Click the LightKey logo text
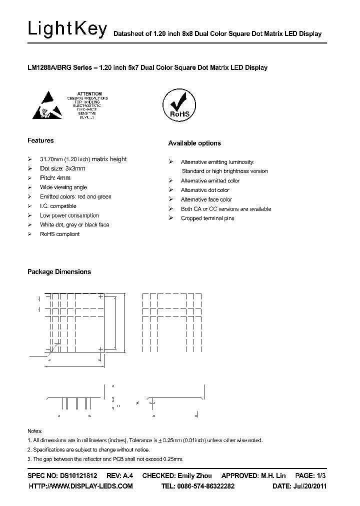[x=67, y=29]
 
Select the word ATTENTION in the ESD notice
[x=90, y=93]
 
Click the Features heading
[x=40, y=141]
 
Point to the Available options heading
[x=194, y=143]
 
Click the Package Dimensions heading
[x=59, y=272]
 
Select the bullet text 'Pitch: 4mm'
[x=55, y=178]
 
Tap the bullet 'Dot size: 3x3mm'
[x=62, y=168]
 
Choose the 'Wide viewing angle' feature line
[x=63, y=187]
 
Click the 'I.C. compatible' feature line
[x=58, y=206]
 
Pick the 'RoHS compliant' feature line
[x=59, y=234]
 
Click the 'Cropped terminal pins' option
[x=207, y=218]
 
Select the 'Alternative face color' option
[x=206, y=199]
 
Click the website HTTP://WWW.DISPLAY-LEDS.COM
[x=80, y=486]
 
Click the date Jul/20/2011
[x=309, y=486]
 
